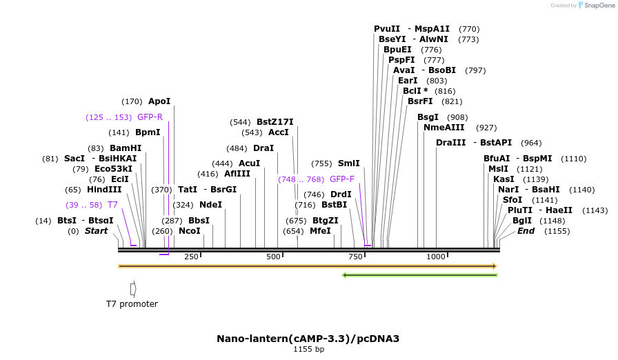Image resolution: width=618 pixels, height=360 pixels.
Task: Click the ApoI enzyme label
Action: (x=159, y=101)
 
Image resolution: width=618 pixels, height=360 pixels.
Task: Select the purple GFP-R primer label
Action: (x=150, y=117)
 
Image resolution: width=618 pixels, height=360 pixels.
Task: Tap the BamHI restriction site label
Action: (x=125, y=148)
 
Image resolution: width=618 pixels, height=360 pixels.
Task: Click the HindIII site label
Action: (x=103, y=190)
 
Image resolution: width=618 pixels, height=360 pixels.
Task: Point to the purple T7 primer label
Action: (x=112, y=205)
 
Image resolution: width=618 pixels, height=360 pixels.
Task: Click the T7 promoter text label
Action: (x=132, y=304)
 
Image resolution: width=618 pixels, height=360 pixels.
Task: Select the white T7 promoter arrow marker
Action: (x=133, y=288)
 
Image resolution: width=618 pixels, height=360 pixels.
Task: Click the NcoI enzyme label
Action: (x=189, y=231)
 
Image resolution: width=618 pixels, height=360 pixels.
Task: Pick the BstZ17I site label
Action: (x=275, y=122)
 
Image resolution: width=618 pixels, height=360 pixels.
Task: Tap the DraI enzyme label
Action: (x=263, y=148)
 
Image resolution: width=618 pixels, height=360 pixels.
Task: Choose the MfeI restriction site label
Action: (x=320, y=231)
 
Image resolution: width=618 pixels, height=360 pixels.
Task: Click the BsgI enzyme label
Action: (x=428, y=117)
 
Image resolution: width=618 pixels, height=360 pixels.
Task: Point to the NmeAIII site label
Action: (x=444, y=128)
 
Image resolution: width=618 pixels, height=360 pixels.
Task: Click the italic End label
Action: (x=526, y=231)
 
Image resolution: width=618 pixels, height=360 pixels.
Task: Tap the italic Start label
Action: (x=96, y=231)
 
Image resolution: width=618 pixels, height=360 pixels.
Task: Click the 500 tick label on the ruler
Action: (x=274, y=257)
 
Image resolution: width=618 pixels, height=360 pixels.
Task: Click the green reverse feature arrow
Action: (x=420, y=275)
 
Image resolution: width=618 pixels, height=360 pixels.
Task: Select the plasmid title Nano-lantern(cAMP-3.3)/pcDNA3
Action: (x=308, y=339)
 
